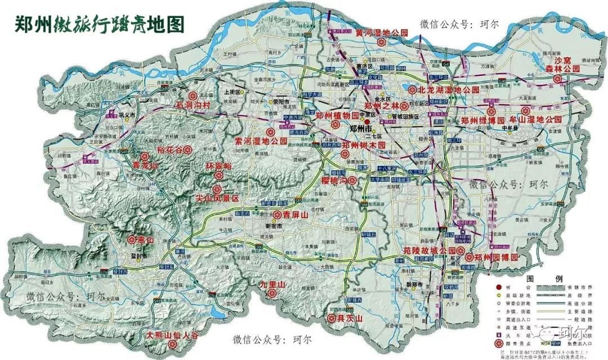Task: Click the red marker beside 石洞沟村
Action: click(192, 96)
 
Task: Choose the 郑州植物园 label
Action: click(337, 115)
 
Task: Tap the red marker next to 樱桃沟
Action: click(352, 181)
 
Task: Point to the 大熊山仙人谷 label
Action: click(173, 335)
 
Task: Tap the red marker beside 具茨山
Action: click(332, 318)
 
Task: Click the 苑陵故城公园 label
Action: click(430, 250)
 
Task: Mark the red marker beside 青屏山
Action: click(277, 214)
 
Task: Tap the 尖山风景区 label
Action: click(217, 199)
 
